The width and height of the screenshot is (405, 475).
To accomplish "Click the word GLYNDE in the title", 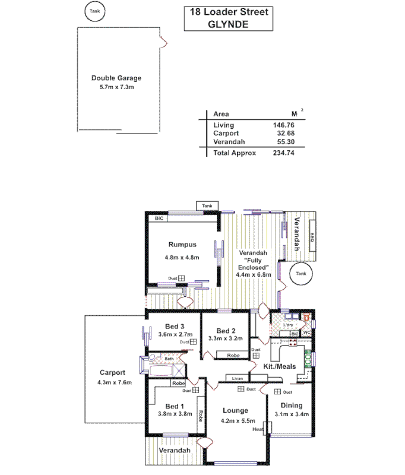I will point(228,24).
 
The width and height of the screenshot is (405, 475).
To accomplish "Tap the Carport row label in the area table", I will point(226,134).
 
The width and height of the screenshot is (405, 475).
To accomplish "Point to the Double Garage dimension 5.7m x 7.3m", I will point(116,87).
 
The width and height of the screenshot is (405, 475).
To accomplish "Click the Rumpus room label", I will point(182,244).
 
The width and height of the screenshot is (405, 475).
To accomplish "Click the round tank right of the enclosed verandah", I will point(301,274).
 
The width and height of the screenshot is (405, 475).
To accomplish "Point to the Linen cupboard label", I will point(237,378).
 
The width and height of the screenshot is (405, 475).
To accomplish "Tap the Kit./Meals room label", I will point(280,367).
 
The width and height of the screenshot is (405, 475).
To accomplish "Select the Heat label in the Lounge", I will point(257,429).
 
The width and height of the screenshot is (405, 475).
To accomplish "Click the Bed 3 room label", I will point(175,325).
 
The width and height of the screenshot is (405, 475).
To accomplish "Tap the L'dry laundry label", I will point(288,325).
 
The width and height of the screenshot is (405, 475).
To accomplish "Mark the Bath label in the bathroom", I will point(169,359).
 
